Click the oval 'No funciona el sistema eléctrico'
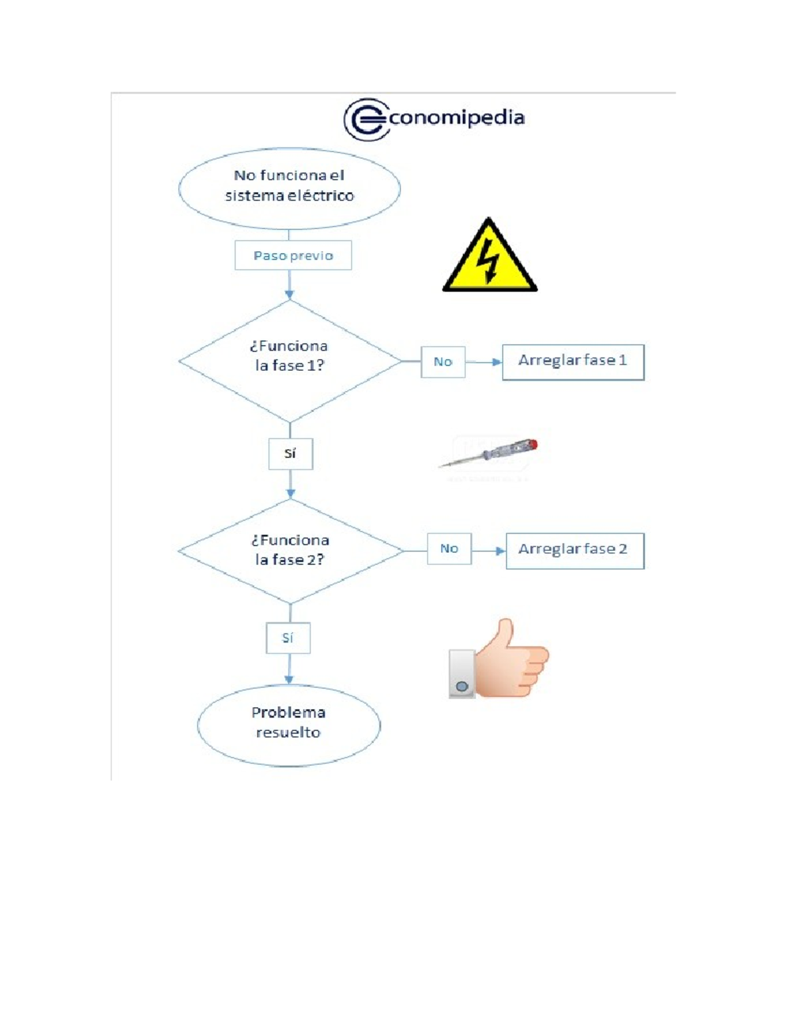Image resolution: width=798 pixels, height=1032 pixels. (289, 189)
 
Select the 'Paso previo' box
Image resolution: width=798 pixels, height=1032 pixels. (293, 255)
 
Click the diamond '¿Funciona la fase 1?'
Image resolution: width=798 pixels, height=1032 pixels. (290, 361)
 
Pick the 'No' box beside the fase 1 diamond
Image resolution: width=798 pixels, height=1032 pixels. (443, 362)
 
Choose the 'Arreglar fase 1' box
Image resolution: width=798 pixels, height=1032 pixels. (573, 362)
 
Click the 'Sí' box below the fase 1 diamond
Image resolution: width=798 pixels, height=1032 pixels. (291, 454)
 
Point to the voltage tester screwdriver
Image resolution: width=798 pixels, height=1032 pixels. (488, 454)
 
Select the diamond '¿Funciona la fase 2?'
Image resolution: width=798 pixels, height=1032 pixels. (291, 551)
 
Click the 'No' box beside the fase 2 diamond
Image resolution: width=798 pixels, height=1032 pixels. (449, 548)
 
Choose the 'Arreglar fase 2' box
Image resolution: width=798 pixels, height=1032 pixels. (575, 551)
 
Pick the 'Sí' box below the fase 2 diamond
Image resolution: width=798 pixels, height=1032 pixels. (288, 638)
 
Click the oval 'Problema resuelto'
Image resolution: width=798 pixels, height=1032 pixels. (289, 726)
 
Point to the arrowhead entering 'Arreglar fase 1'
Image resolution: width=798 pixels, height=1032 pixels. (497, 362)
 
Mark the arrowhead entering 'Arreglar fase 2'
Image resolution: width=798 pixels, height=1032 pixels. (501, 551)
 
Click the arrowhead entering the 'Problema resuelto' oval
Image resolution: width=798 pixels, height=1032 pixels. (289, 680)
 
